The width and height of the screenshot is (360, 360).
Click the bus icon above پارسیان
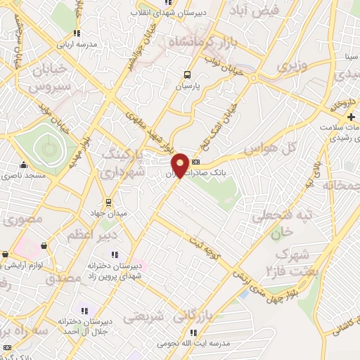187,75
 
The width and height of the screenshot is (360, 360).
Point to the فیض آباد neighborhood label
259,11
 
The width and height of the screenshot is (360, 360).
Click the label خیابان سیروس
49,79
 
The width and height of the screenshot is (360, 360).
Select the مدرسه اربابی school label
77,44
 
